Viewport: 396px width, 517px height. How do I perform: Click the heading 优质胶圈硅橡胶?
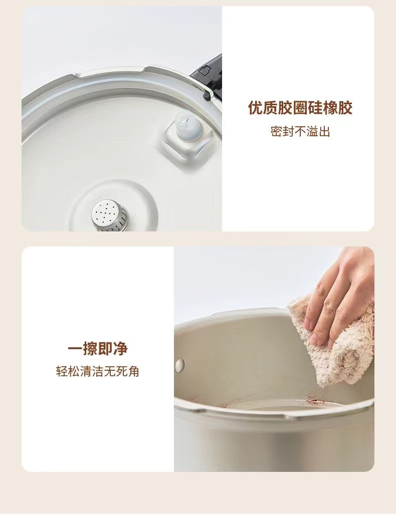tap(300, 108)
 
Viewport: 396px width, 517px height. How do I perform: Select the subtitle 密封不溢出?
tap(300, 132)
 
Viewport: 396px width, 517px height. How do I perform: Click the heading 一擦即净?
tap(98, 349)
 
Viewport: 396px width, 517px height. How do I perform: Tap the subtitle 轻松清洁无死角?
tap(98, 372)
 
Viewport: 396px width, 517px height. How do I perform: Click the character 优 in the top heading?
tap(256, 108)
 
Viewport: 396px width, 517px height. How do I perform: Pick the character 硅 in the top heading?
tap(315, 108)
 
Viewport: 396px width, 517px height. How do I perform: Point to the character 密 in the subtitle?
tap(276, 132)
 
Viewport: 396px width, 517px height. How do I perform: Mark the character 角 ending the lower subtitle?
tap(134, 372)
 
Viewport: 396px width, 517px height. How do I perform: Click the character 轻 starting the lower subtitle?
tap(62, 372)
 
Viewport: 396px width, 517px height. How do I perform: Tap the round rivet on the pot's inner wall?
tap(179, 365)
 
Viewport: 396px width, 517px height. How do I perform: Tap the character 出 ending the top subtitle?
tap(325, 132)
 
